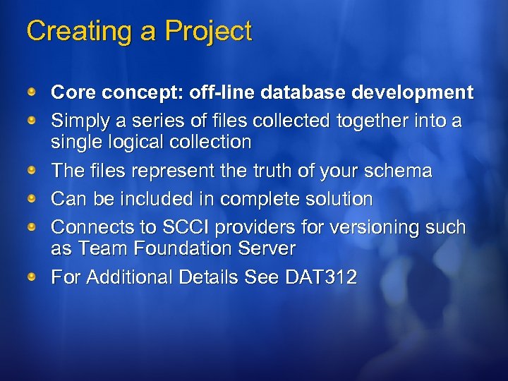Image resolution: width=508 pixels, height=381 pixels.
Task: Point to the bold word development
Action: (415, 92)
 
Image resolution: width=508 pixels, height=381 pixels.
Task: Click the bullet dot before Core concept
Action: (32, 92)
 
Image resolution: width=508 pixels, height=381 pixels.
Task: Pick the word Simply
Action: (80, 121)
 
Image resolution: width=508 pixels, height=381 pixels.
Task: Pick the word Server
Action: (267, 248)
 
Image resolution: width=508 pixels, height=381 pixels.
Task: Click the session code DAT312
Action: (321, 277)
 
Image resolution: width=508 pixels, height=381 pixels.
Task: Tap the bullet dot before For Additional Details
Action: (32, 277)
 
